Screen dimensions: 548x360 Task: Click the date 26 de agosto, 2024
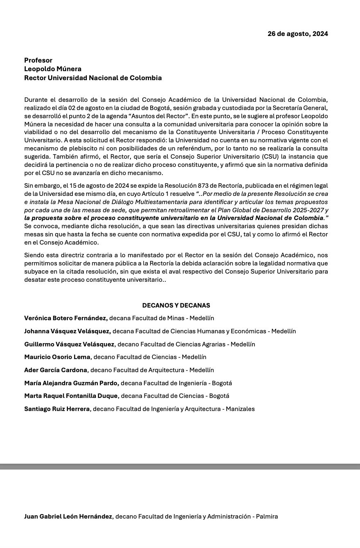[297, 34]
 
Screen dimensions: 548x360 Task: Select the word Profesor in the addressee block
[38, 61]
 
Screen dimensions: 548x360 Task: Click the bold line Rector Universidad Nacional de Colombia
[93, 78]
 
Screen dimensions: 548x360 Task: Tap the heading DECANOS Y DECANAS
[176, 305]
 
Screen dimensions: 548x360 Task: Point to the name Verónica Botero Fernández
[65, 318]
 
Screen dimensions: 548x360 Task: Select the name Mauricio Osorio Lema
[57, 357]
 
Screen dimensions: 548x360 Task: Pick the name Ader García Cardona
[56, 370]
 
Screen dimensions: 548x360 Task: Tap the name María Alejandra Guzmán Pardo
[71, 383]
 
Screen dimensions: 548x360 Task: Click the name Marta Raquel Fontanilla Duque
[71, 396]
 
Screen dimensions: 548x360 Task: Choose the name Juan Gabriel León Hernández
[68, 517]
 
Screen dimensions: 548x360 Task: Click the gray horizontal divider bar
[180, 467]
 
